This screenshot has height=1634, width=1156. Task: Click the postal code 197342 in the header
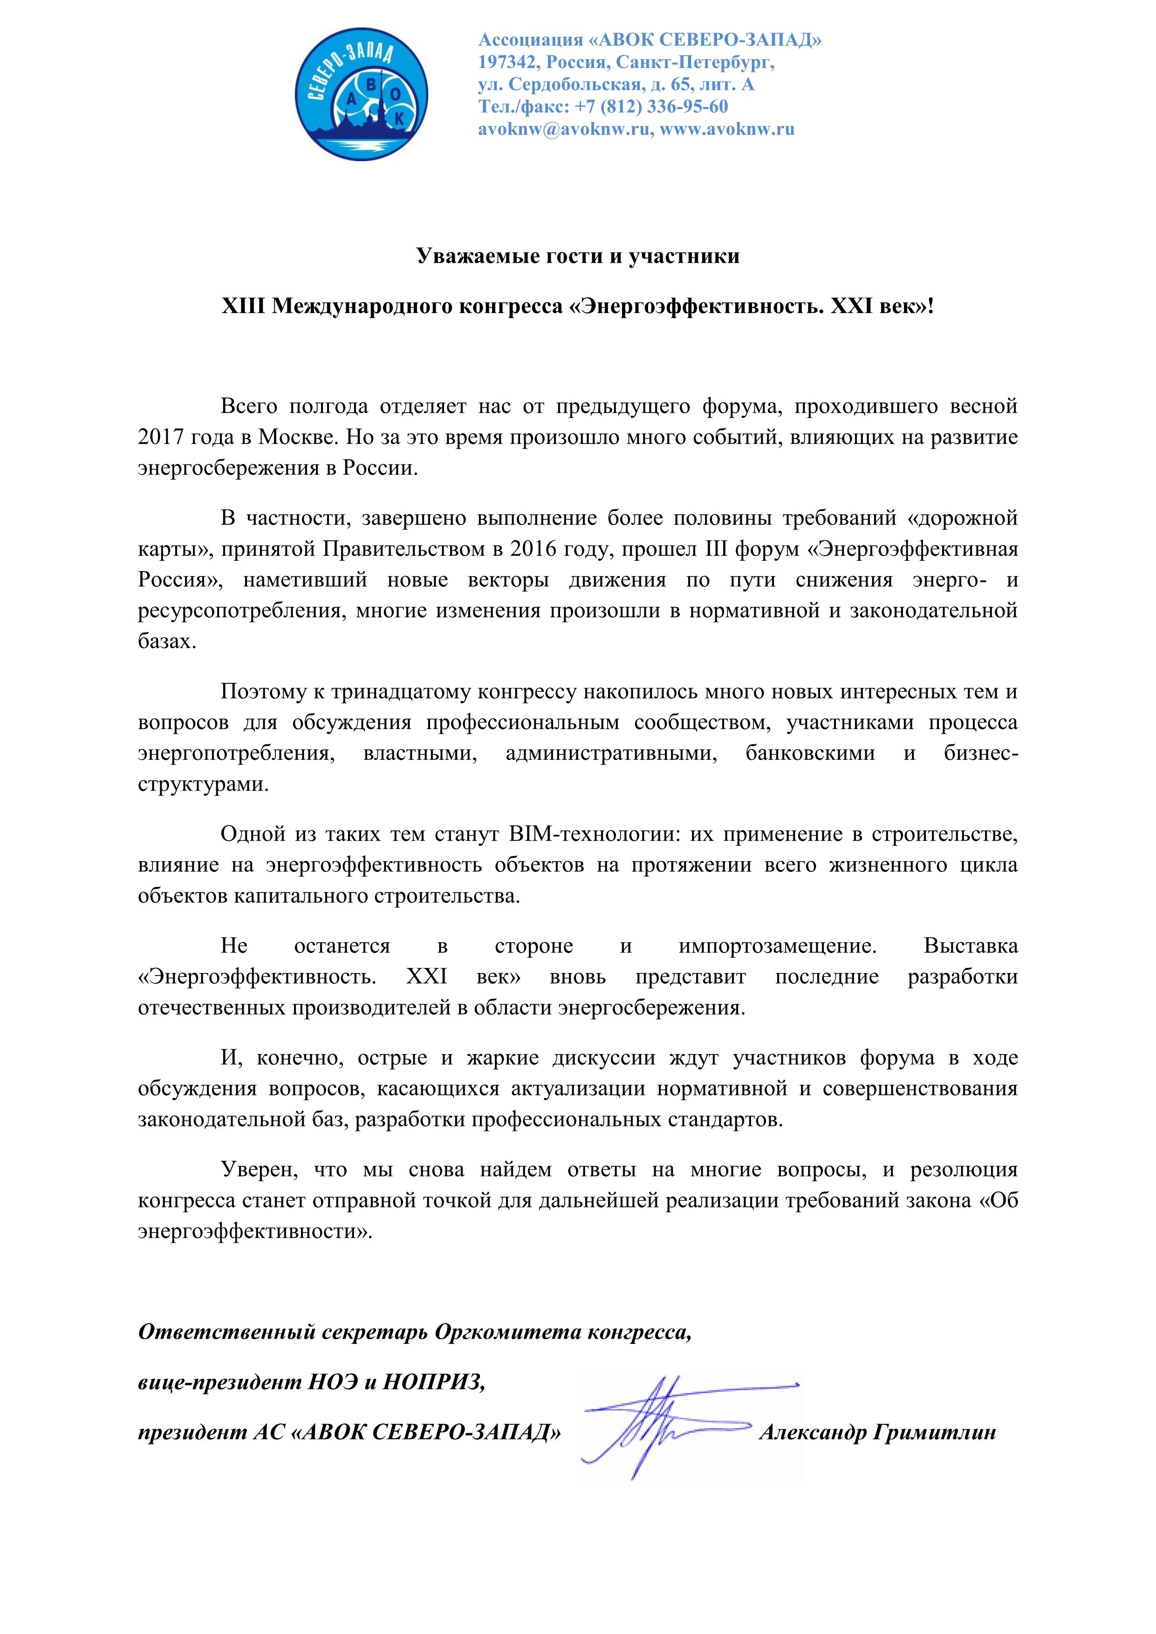[507, 62]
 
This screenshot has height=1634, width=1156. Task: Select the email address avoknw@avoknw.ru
[565, 129]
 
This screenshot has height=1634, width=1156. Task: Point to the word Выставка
[970, 946]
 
